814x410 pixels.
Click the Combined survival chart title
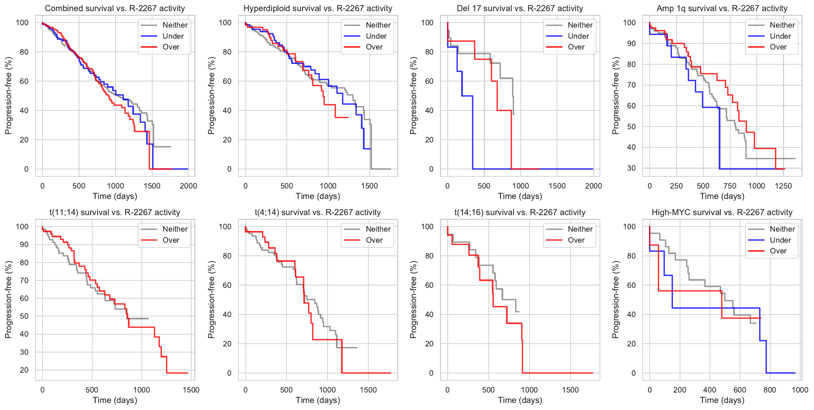(115, 8)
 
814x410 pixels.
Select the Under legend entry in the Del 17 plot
(578, 36)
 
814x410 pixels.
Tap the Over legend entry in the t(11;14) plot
(171, 240)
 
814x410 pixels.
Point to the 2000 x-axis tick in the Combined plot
(188, 186)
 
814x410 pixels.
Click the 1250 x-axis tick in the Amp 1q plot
(783, 186)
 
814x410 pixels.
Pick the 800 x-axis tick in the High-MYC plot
(770, 390)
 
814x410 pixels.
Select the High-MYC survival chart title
(722, 212)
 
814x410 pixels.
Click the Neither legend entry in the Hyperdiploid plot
(378, 25)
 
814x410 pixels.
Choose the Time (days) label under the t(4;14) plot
(318, 400)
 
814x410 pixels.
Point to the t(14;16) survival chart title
(520, 212)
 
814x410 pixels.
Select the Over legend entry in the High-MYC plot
(778, 251)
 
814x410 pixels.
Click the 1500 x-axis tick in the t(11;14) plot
(191, 390)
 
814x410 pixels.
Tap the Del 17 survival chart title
(520, 8)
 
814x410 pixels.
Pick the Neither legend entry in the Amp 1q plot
(782, 25)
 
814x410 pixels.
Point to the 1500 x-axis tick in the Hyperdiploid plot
(369, 186)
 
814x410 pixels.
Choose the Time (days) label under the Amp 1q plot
(722, 196)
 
